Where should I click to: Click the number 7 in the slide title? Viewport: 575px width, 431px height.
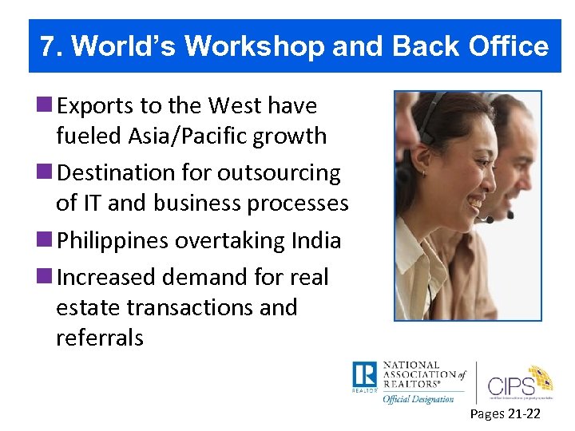pyautogui.click(x=49, y=47)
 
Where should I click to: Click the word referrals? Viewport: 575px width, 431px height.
pyautogui.click(x=100, y=338)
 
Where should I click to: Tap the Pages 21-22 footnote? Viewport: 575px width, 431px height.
pyautogui.click(x=505, y=413)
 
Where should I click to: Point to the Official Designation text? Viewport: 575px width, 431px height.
pyautogui.click(x=418, y=398)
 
